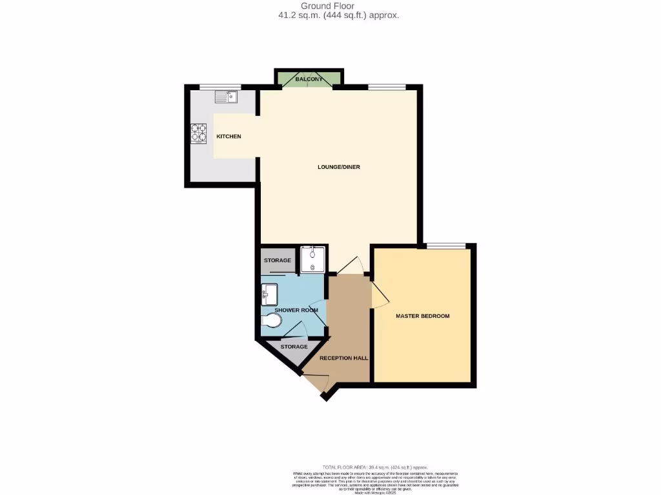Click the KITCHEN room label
coord(229,137)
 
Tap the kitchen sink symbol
coord(227,97)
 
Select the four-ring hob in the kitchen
coord(198,133)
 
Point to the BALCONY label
coord(308,79)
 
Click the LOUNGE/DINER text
coord(339,167)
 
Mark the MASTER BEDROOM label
coord(423,316)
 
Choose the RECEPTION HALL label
coord(343,358)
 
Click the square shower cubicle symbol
coord(314,259)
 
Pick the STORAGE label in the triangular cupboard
coord(294,347)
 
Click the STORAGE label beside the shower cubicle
coord(278,260)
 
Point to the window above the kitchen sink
coord(219,87)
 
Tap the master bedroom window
coord(446,246)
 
